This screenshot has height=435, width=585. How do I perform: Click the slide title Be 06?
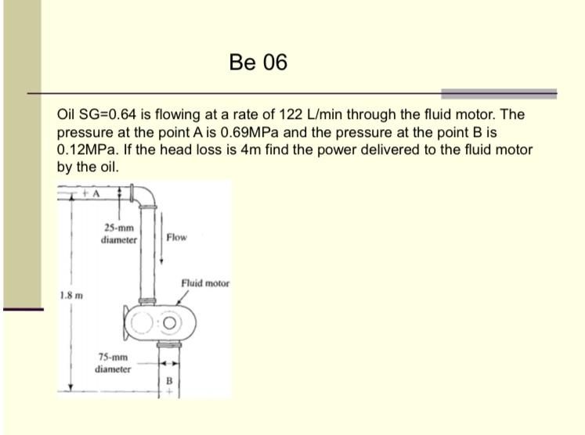[x=259, y=62]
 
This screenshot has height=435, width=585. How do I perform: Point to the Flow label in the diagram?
[x=176, y=237]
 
